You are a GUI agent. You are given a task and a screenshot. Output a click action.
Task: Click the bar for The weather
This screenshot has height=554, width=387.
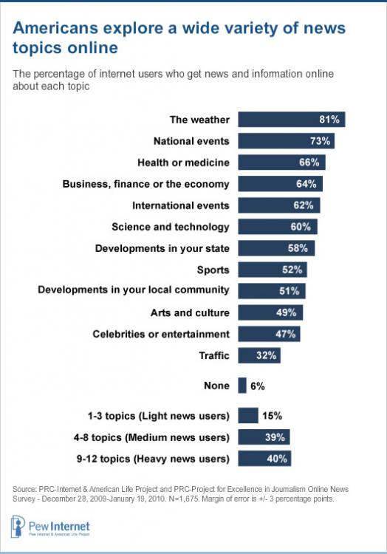(292, 120)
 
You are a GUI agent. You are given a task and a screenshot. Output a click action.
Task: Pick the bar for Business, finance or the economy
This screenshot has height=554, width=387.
(280, 184)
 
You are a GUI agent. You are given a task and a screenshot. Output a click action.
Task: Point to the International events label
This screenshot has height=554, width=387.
(181, 205)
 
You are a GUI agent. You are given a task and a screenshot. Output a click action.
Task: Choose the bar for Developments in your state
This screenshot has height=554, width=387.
(277, 248)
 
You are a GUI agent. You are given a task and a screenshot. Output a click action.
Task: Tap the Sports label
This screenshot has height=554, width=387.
(214, 270)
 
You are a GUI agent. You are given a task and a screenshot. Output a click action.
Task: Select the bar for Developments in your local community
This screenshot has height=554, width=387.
(271, 291)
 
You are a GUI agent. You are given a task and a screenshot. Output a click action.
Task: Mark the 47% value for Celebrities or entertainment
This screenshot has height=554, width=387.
(287, 334)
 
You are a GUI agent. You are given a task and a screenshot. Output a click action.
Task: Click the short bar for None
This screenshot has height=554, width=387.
(242, 384)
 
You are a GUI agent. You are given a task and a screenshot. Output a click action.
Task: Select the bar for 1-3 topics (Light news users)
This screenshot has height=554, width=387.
(248, 415)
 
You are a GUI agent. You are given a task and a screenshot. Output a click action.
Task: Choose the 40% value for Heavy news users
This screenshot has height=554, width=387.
(278, 458)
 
